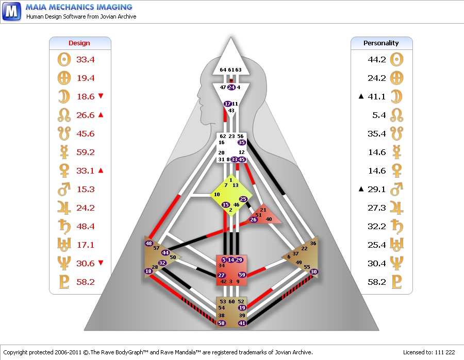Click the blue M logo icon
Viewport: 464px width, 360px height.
click(11, 11)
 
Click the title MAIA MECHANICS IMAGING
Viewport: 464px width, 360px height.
click(79, 7)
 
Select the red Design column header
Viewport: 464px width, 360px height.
click(79, 43)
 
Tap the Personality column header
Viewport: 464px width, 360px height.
click(381, 43)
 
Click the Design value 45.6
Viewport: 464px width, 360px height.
click(85, 133)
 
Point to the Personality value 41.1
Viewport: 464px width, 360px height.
click(376, 97)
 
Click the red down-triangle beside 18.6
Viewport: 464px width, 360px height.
click(101, 96)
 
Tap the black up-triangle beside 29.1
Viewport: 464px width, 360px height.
click(361, 189)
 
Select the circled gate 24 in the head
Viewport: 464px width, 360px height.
click(231, 87)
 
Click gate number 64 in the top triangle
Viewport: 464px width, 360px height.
click(223, 70)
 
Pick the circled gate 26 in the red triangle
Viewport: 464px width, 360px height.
click(253, 219)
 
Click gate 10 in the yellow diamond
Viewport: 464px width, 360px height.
click(217, 195)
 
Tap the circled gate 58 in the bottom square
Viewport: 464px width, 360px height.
click(221, 323)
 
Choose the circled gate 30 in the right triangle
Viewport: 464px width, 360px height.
click(313, 271)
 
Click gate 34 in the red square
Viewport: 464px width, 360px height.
click(221, 266)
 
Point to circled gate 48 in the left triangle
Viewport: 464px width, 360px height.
click(148, 244)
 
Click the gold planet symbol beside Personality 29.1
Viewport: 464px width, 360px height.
click(396, 189)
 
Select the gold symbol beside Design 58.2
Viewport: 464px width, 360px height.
click(64, 282)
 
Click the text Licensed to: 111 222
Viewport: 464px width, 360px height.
click(429, 352)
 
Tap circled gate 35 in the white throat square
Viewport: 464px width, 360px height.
click(241, 143)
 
